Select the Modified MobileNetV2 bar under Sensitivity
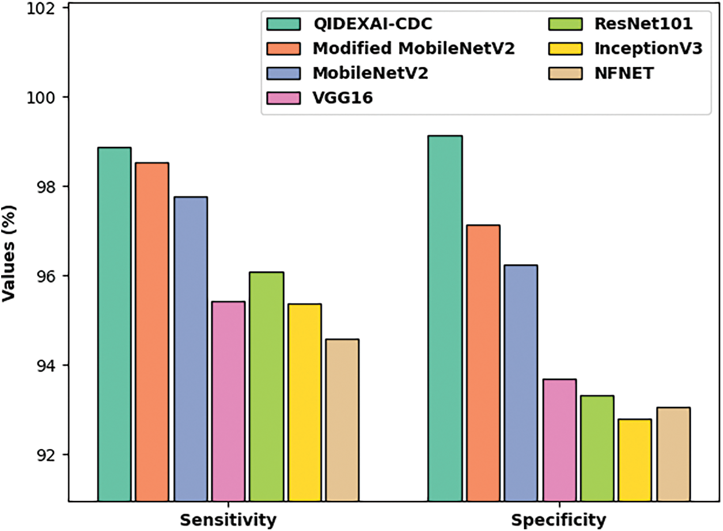pyautogui.click(x=152, y=332)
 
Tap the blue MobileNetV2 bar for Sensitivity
pyautogui.click(x=191, y=349)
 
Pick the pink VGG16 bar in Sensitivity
pyautogui.click(x=228, y=401)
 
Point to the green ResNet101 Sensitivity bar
pyautogui.click(x=266, y=386)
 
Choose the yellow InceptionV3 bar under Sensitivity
pyautogui.click(x=305, y=402)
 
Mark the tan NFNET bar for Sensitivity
pyautogui.click(x=342, y=420)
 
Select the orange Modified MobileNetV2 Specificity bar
pyautogui.click(x=483, y=363)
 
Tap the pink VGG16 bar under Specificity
pyautogui.click(x=559, y=440)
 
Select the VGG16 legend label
pyautogui.click(x=343, y=97)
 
